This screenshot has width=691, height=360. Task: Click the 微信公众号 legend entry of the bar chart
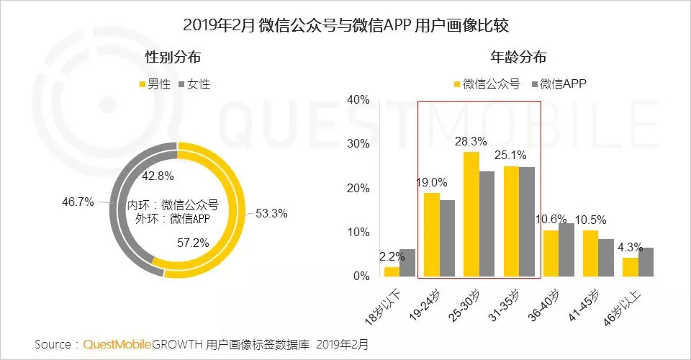pyautogui.click(x=487, y=84)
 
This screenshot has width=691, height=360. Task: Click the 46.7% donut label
pyautogui.click(x=78, y=202)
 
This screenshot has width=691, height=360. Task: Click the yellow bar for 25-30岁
pyautogui.click(x=471, y=215)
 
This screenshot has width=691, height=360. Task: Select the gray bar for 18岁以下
pyautogui.click(x=407, y=263)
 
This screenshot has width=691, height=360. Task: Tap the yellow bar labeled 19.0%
pyautogui.click(x=432, y=235)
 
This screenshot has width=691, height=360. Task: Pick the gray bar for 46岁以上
pyautogui.click(x=646, y=262)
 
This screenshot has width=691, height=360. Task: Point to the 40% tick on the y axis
pyautogui.click(x=358, y=99)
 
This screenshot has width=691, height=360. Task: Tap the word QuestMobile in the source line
pyautogui.click(x=117, y=344)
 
